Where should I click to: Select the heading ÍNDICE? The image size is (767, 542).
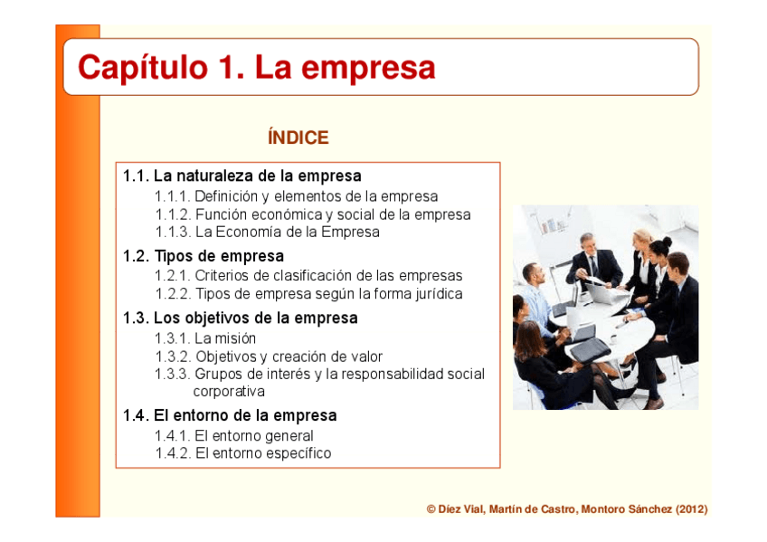298,138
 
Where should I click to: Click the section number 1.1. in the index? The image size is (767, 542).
136,176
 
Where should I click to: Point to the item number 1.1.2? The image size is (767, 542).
172,214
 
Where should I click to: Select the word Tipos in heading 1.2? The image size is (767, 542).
174,256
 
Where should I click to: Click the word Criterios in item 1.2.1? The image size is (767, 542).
223,276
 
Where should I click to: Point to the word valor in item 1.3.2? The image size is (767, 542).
365,357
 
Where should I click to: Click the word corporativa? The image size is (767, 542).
229,392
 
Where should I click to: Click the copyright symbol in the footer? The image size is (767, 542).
431,509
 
